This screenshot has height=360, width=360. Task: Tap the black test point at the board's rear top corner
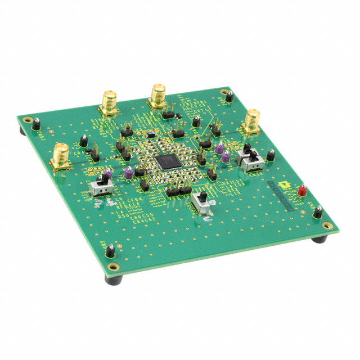pyautogui.click(x=229, y=97)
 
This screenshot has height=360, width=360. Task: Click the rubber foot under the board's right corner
pyautogui.click(x=319, y=239)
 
